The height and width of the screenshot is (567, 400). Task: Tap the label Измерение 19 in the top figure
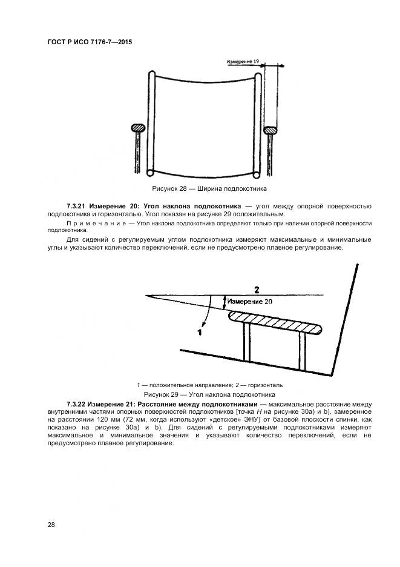(x=243, y=62)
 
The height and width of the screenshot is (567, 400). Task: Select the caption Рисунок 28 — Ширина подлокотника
(x=200, y=190)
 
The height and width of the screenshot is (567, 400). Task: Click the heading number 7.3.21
(x=77, y=207)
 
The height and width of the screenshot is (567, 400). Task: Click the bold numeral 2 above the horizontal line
(x=256, y=289)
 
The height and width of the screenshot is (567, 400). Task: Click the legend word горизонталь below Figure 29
(x=264, y=385)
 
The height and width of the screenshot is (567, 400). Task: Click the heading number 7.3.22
(x=77, y=403)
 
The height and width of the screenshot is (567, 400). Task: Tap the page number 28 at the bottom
(x=51, y=525)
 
